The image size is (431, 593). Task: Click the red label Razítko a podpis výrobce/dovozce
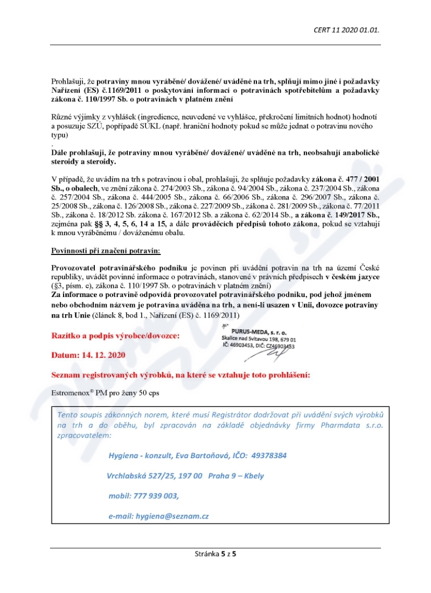(x=116, y=335)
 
